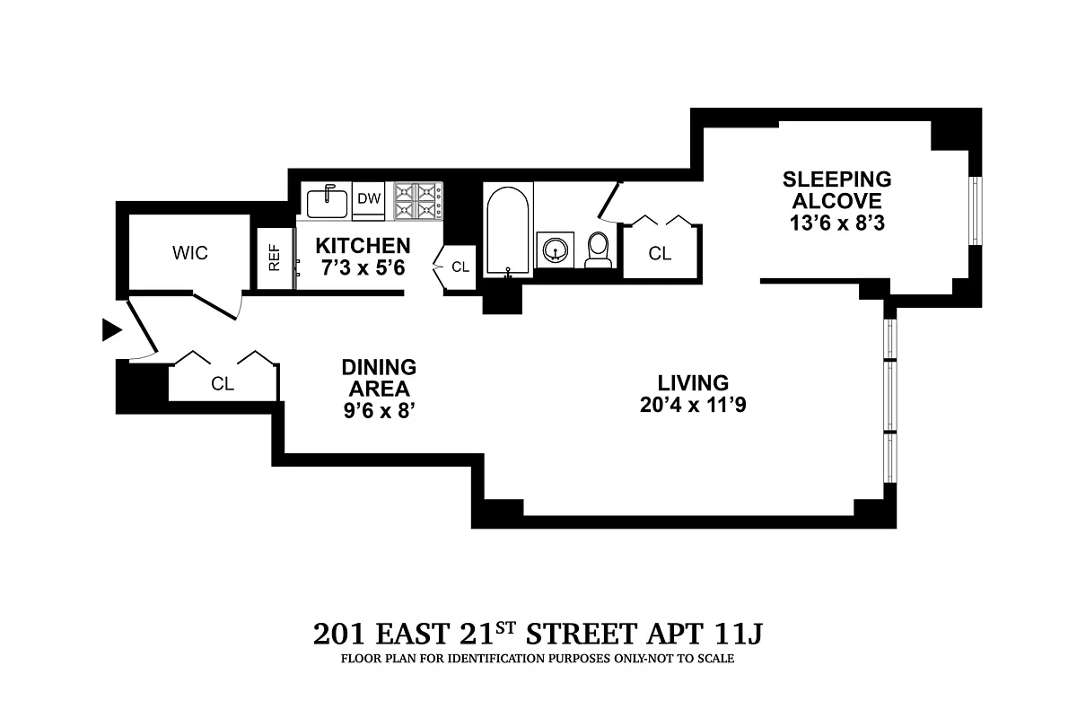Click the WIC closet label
(x=189, y=253)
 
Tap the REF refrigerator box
(x=275, y=259)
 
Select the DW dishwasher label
(x=368, y=199)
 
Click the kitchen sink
(x=327, y=202)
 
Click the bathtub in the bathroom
(x=508, y=230)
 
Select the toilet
(x=598, y=250)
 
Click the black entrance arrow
(x=111, y=330)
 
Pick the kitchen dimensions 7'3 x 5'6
(x=363, y=267)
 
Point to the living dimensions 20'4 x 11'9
(x=693, y=405)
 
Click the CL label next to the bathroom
(x=660, y=254)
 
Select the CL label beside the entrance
(x=223, y=384)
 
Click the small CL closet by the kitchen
(x=460, y=267)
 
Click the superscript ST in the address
(x=505, y=627)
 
